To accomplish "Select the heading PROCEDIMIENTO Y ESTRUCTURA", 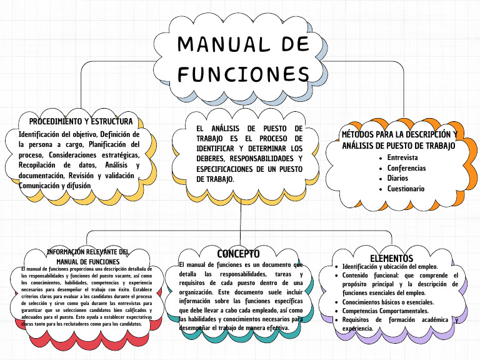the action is coord(81,121).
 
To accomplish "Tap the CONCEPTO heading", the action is coord(238,254).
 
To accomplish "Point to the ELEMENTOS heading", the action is coord(391,258).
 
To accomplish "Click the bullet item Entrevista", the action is coord(402,157).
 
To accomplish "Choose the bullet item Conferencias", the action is coord(406,168).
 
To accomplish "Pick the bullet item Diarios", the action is coord(397,178).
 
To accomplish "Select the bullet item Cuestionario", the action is coord(406,188).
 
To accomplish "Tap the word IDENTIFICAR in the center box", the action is coord(214,148).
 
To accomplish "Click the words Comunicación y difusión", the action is coord(55,186).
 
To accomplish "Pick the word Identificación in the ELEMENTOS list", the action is coord(362,266).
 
